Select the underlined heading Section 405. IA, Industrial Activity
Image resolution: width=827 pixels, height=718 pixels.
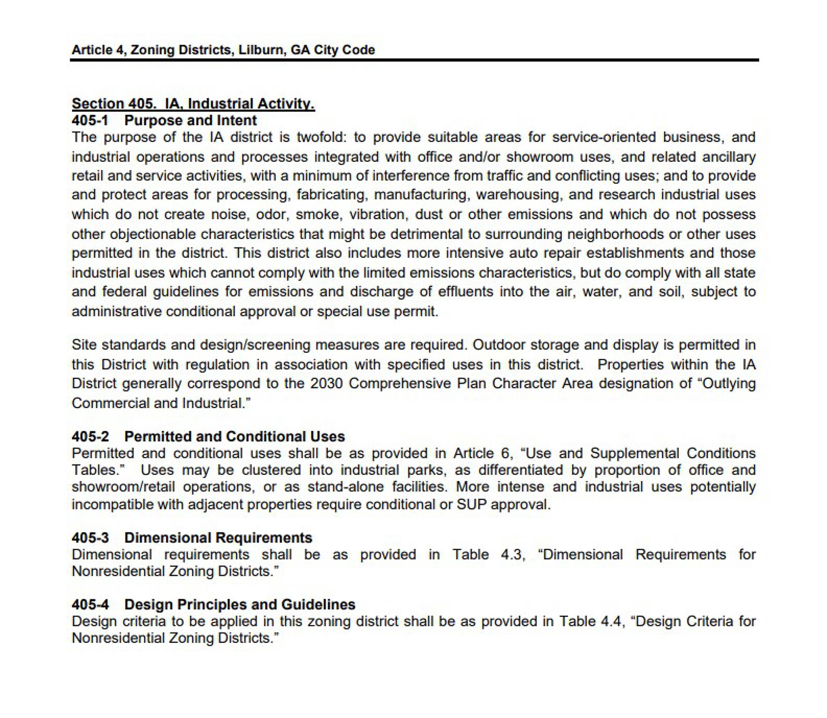coord(193,103)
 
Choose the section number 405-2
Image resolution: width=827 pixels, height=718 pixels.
coord(90,436)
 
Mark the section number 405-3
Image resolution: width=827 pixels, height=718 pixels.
coord(90,538)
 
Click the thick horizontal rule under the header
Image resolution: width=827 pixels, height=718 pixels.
coord(414,60)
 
